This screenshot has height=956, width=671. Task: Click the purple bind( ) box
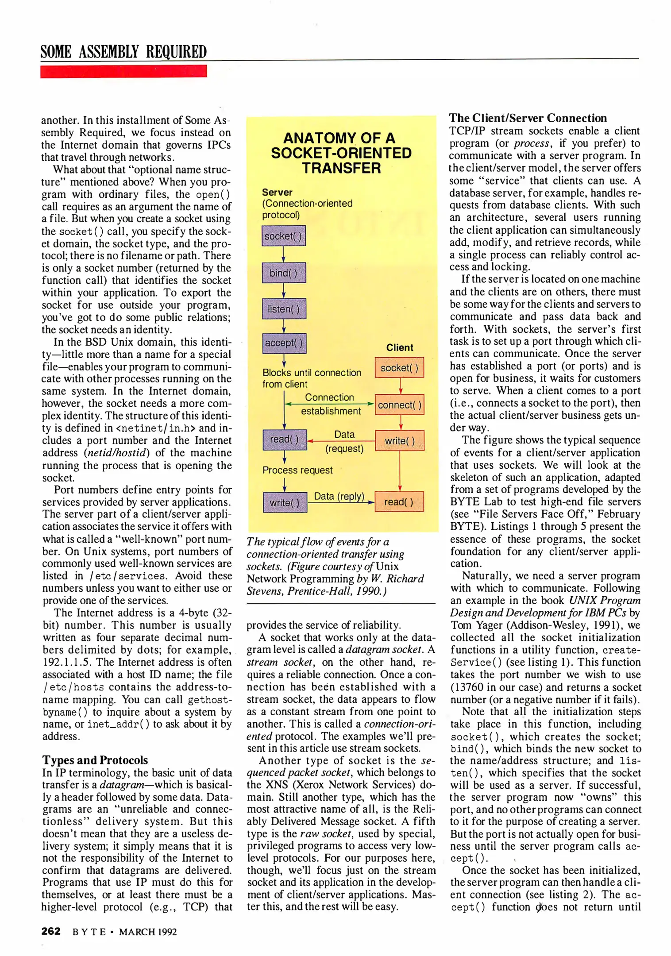point(284,273)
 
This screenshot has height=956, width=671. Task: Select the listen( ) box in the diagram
point(284,309)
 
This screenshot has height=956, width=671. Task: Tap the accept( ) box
point(284,343)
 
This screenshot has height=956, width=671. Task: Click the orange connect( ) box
point(399,405)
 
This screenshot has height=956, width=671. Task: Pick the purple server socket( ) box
point(283,236)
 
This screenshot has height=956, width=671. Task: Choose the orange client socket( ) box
point(399,368)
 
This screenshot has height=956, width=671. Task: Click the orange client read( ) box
point(399,502)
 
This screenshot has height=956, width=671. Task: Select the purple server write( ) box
point(285,503)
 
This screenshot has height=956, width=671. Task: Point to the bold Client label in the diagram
point(399,347)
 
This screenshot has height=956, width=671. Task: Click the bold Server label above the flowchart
point(277,192)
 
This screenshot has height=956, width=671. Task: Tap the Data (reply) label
point(339,496)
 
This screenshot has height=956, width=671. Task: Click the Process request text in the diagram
point(297,470)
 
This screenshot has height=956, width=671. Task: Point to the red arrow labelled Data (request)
point(341,441)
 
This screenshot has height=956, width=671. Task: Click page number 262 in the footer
point(51,931)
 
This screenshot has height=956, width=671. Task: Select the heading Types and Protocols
point(95,760)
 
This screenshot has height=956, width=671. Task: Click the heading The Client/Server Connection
point(528,118)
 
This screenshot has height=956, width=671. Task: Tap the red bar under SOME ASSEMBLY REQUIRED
point(123,71)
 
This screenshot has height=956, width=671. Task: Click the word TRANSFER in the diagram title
point(341,168)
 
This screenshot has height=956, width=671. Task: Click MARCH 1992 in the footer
point(148,932)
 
